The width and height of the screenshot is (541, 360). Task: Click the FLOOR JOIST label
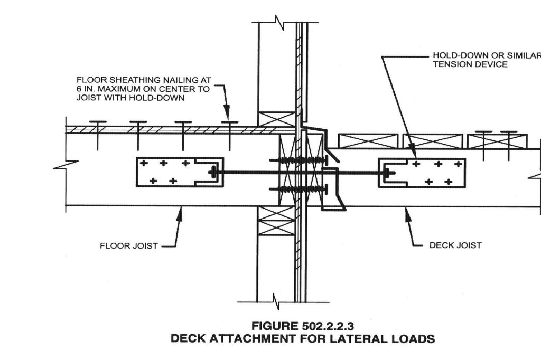tap(128, 245)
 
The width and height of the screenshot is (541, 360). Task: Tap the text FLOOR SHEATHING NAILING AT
tap(144, 80)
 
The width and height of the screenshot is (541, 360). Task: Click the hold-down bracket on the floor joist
tap(180, 172)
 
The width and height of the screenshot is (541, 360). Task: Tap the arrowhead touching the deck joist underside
tap(406, 210)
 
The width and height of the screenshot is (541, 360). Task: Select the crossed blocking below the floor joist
tap(275, 221)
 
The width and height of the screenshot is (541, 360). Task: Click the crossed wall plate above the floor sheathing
tap(275, 119)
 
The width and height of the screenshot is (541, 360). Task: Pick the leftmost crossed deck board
tap(368, 141)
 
